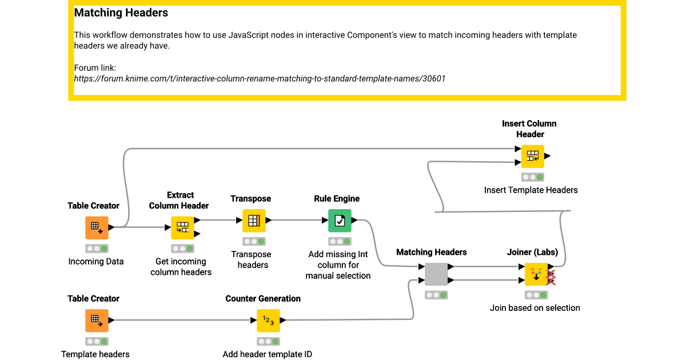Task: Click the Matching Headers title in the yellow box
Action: coord(121,12)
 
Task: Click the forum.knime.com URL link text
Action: coord(260,78)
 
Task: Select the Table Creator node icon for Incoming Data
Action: coord(97,227)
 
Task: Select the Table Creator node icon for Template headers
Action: coord(97,320)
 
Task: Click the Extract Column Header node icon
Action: coord(182,227)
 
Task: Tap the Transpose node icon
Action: coord(254,221)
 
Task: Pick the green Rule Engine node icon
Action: coord(340,221)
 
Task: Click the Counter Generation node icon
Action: coord(268,320)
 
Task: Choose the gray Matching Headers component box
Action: coord(436,274)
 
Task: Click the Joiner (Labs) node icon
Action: coord(536,274)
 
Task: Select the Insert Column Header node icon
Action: coord(532,155)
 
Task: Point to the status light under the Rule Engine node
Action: coord(340,242)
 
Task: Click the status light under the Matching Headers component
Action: coord(436,295)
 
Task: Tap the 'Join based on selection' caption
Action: coord(535,308)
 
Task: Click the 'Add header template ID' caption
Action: coord(268,354)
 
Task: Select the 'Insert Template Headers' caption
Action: coord(531,190)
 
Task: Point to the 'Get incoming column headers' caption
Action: coord(181,267)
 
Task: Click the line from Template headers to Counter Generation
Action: coord(183,320)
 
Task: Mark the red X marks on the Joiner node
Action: coord(552,278)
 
